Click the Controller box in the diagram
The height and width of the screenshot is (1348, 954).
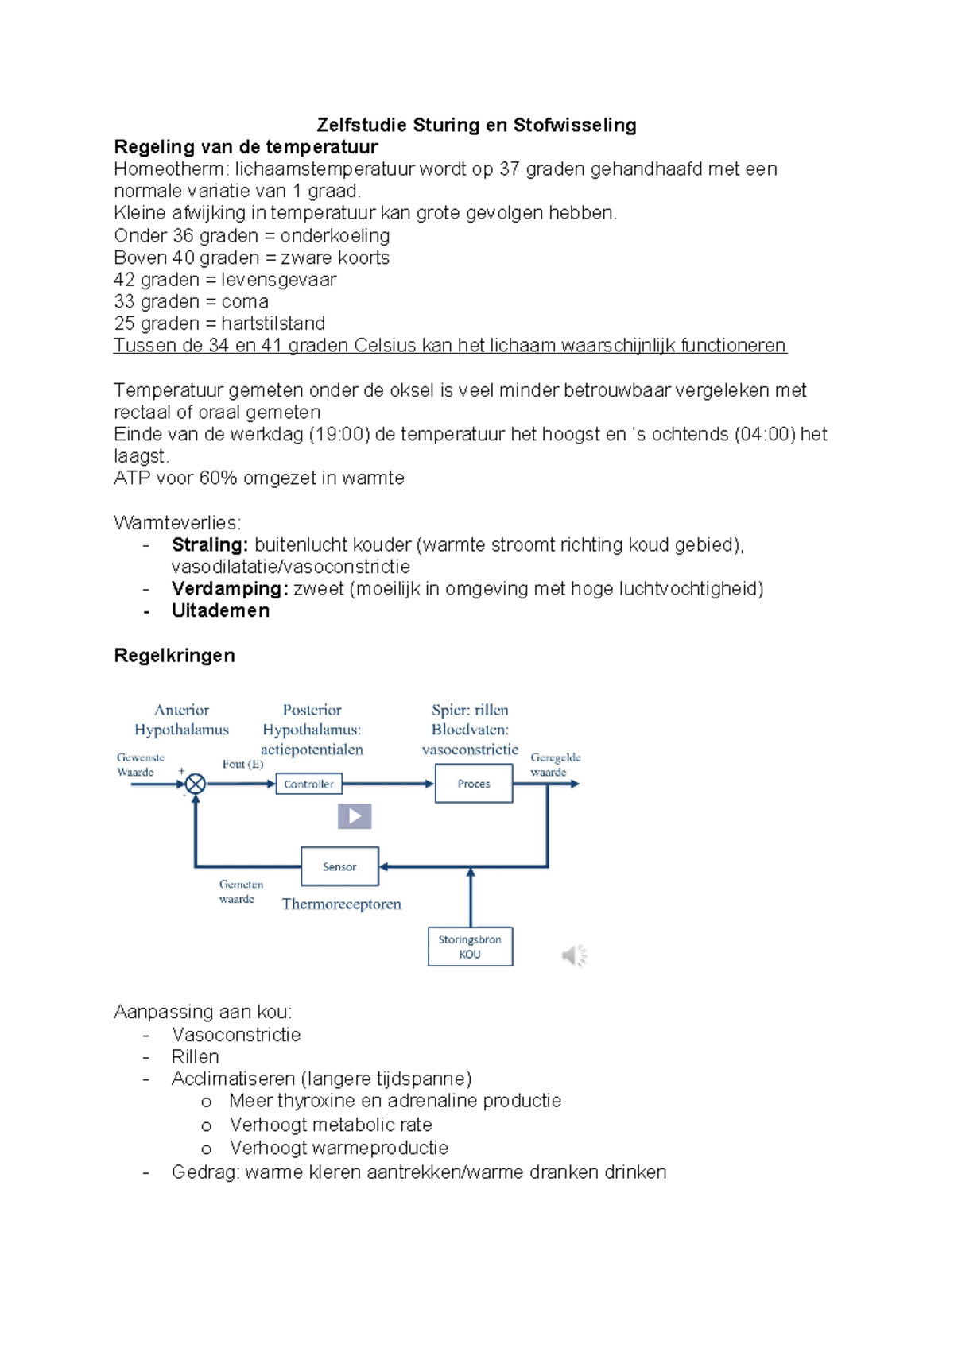pos(308,784)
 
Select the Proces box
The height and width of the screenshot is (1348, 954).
pos(473,784)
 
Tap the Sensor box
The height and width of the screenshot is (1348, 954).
pos(339,866)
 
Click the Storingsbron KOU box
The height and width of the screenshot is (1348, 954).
pos(470,947)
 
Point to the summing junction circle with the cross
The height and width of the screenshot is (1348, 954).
pos(196,784)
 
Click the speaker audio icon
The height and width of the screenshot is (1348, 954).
pos(574,955)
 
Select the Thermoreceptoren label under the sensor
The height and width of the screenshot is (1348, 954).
pos(341,904)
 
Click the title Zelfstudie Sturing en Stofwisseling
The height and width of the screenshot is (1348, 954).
pos(476,125)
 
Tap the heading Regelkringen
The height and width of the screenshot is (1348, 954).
pos(174,656)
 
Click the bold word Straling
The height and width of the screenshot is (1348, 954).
pos(210,545)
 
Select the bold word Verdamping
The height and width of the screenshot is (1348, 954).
pos(230,589)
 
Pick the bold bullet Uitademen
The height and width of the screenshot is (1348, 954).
pos(220,611)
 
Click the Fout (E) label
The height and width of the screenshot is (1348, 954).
pos(242,765)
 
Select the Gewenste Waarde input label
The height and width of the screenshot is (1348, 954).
pos(140,765)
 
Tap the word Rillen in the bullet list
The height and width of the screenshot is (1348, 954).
pos(195,1057)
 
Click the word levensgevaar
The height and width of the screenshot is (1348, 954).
pos(278,280)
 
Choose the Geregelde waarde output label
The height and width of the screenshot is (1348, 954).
pos(555,765)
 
